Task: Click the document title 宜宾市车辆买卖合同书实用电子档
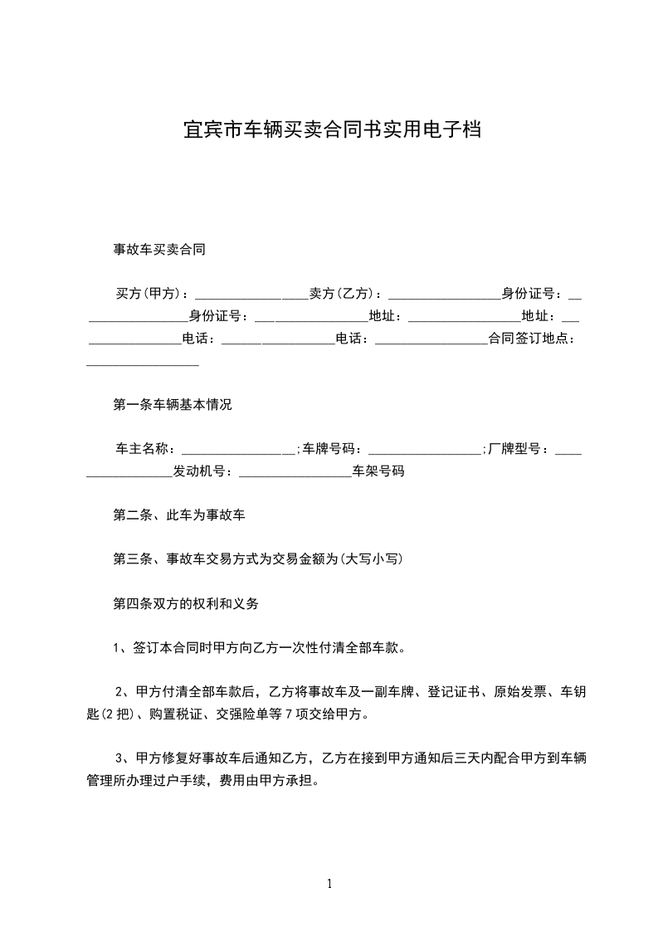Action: (332, 130)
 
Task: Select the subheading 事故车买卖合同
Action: (159, 249)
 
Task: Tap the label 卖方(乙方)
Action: (342, 294)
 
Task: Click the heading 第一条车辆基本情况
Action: (173, 406)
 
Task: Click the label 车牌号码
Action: (329, 450)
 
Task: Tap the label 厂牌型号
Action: (514, 450)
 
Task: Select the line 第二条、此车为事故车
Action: (179, 515)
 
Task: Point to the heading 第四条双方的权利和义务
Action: (186, 604)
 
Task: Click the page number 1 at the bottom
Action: (329, 885)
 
